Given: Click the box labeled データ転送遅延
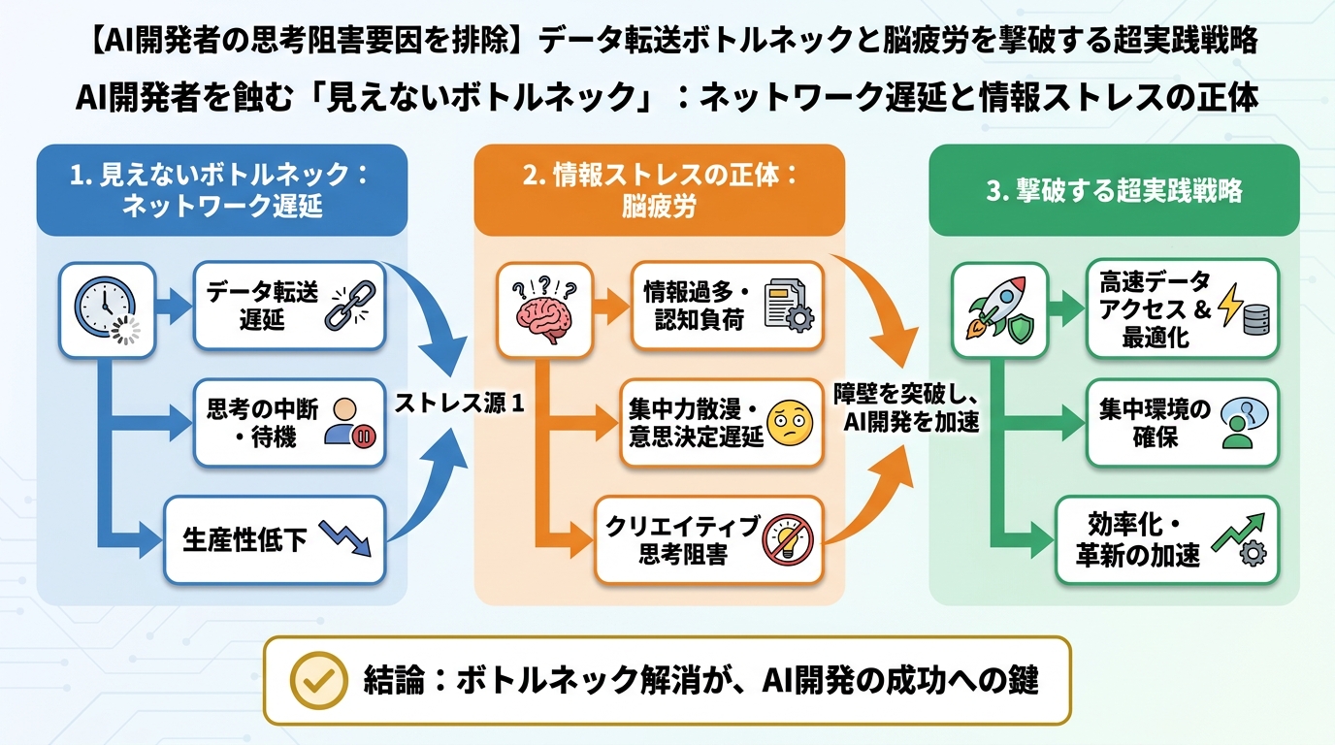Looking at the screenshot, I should click(289, 306).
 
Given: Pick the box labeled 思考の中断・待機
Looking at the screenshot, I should click(289, 423).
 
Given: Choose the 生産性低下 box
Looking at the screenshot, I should click(275, 540).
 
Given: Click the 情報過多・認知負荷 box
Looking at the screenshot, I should click(727, 306).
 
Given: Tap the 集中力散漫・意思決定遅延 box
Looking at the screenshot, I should click(721, 424).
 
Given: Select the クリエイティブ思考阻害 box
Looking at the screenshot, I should click(708, 540).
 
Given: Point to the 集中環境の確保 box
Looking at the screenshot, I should click(1182, 423).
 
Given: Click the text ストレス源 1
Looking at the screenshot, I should click(458, 405).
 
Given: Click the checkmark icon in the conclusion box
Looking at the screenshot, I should click(319, 680).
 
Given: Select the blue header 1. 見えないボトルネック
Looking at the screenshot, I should click(221, 189).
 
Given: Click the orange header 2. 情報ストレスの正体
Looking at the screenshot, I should click(659, 189).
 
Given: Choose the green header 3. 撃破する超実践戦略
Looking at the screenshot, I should click(1114, 190).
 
